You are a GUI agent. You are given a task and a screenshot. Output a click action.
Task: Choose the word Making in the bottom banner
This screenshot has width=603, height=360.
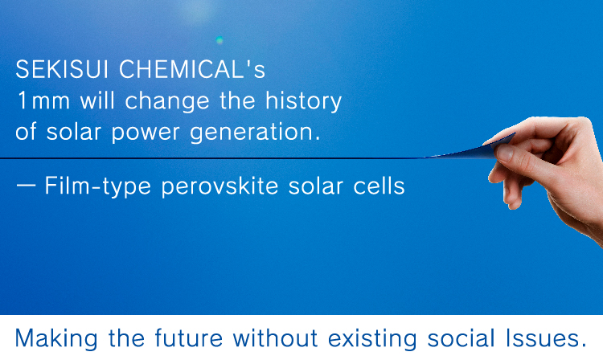click(56, 338)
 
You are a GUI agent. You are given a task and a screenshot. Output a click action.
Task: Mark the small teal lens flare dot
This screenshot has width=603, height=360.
click(219, 39)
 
